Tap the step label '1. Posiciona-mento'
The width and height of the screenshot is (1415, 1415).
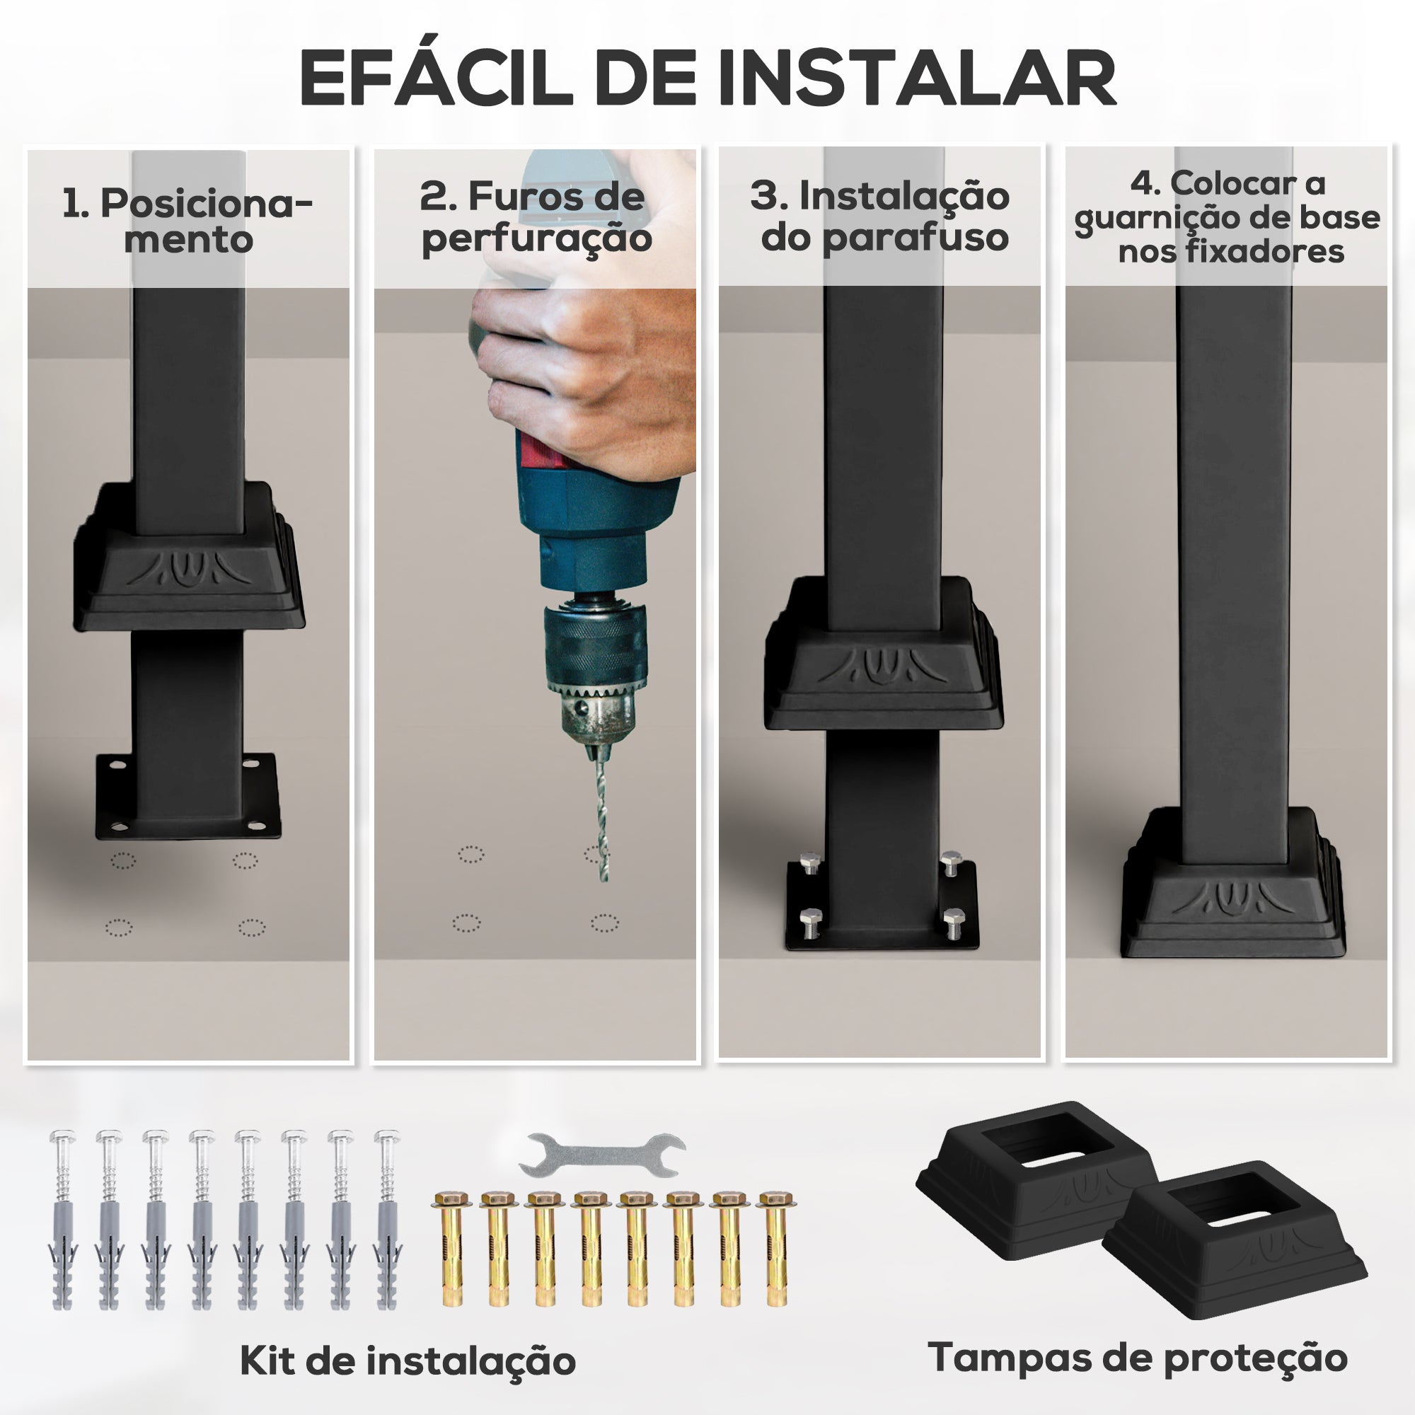click(187, 221)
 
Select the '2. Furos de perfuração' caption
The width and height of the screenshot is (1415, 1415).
click(535, 217)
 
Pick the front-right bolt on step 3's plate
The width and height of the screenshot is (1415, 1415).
click(954, 923)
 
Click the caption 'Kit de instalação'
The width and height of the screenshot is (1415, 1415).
click(408, 1361)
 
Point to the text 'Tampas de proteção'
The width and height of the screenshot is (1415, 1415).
click(1138, 1357)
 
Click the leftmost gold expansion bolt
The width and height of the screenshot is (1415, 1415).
click(449, 1249)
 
